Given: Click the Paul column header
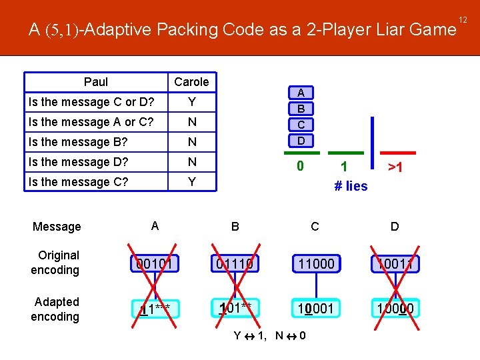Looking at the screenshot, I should (x=96, y=82).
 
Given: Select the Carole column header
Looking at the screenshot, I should (x=191, y=82).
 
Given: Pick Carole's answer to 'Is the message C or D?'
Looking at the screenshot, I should (x=191, y=102).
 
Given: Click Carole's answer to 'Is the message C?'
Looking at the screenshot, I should (x=191, y=182).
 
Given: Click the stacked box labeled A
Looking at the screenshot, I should (x=301, y=93).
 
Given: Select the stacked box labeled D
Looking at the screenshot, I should (x=301, y=141).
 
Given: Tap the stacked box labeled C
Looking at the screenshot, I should (x=301, y=125).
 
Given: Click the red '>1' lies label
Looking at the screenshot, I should (x=395, y=167).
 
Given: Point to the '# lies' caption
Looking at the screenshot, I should (x=351, y=186).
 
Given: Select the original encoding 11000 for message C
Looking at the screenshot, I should (x=315, y=263).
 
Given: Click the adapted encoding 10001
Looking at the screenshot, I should (x=315, y=308).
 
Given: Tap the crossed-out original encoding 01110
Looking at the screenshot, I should (x=235, y=263).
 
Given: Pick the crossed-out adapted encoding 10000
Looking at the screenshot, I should (x=395, y=308).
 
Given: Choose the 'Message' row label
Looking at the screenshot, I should (x=57, y=227).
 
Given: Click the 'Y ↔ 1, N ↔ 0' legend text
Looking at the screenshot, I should (x=269, y=335).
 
